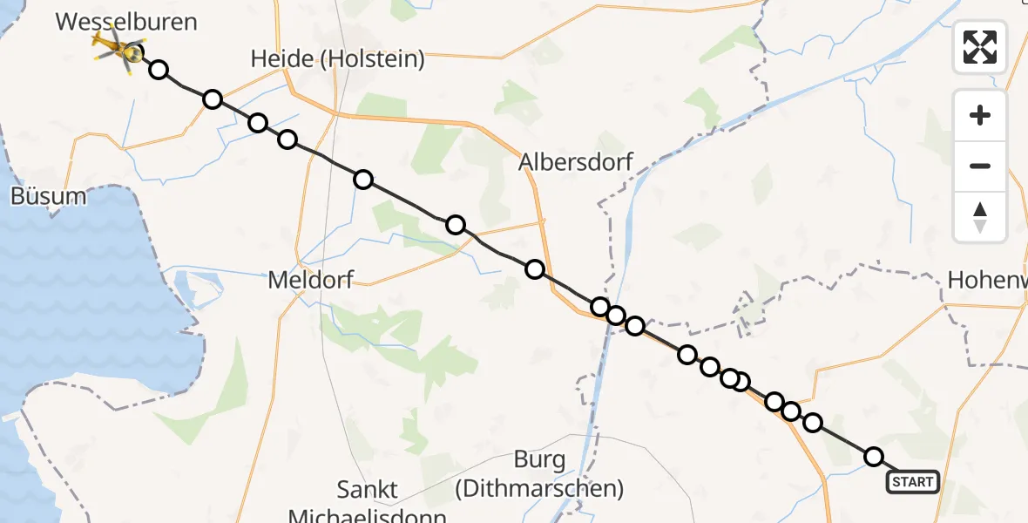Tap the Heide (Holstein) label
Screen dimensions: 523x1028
338,59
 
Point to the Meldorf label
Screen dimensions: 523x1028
312,281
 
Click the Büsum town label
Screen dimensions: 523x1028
49,196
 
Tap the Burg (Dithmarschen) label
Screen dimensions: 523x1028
539,473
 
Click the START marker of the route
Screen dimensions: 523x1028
912,482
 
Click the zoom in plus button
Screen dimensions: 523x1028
980,115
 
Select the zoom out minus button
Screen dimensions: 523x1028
980,166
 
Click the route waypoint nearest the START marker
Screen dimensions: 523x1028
874,457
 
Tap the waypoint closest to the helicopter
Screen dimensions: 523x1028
159,70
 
